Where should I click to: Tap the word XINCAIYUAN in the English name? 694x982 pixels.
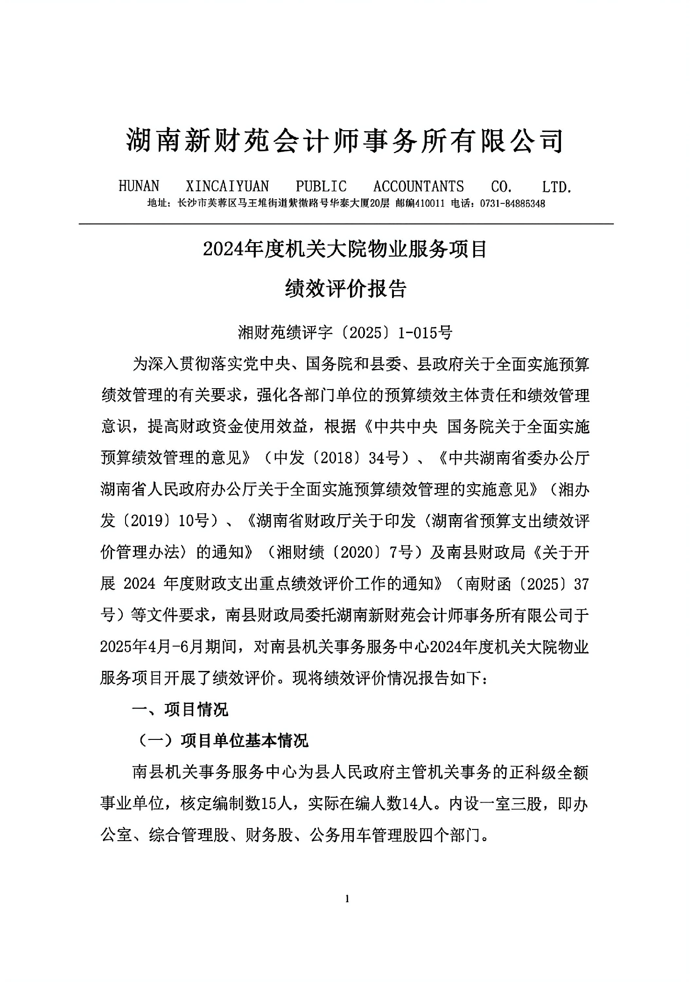[x=227, y=187]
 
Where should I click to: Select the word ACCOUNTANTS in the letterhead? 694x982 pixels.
[x=418, y=187]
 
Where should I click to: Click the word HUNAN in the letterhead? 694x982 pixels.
[x=139, y=187]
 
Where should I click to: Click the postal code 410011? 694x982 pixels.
[x=429, y=203]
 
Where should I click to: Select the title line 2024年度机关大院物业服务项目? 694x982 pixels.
[x=345, y=249]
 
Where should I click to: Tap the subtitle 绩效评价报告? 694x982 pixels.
[x=345, y=288]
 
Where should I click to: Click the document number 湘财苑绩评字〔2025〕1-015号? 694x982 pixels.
[x=345, y=332]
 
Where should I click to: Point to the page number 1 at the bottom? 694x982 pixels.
[x=346, y=899]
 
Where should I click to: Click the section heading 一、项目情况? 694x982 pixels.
[x=180, y=710]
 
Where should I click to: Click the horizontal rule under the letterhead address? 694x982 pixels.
[x=346, y=224]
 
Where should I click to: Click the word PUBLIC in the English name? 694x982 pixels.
[x=321, y=187]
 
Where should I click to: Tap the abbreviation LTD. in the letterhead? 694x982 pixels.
[x=556, y=187]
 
